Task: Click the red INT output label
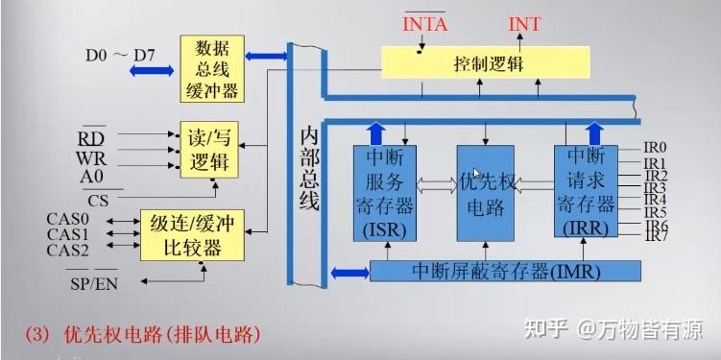coord(524,23)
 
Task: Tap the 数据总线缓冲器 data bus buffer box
coord(212,68)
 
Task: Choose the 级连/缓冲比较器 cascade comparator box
coord(192,234)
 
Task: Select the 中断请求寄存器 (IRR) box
coord(586,190)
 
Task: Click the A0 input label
coord(91,175)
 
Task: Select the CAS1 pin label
coord(67,234)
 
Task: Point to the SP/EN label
coord(91,283)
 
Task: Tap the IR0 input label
coord(655,150)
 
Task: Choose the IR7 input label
coord(655,236)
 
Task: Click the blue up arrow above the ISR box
coord(375,132)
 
